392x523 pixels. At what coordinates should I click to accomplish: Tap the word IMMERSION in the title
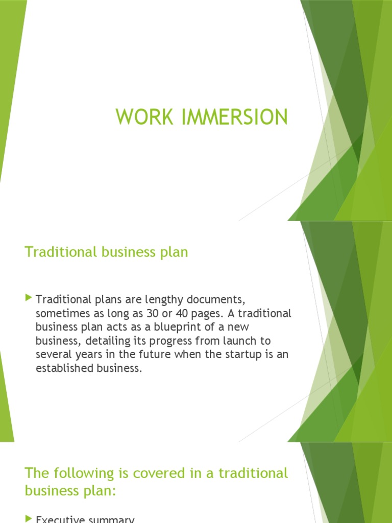tap(229, 117)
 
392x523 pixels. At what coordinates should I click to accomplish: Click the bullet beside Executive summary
tap(28, 519)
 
